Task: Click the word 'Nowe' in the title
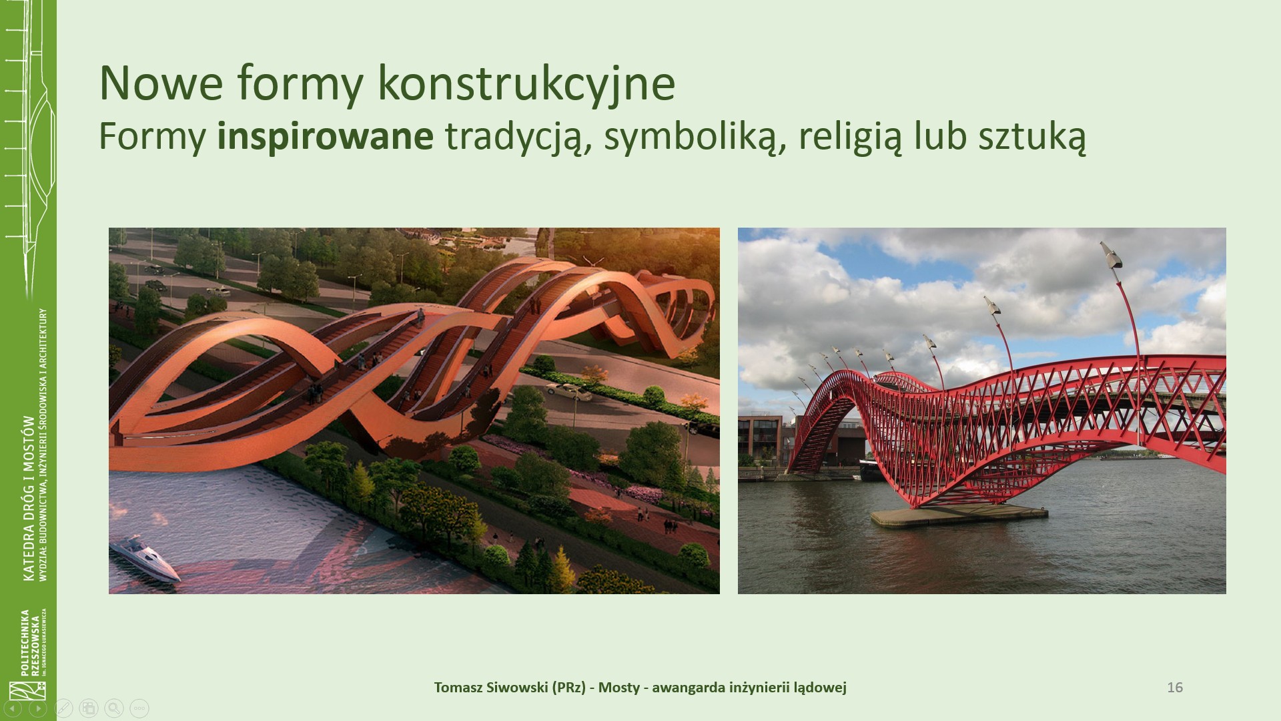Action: coord(161,83)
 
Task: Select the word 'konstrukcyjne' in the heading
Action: coord(526,84)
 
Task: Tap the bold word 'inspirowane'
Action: coord(325,136)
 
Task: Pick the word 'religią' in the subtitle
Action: coord(849,138)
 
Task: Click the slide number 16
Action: coord(1175,687)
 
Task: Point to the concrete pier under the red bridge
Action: coord(959,515)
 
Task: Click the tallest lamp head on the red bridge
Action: coord(1112,254)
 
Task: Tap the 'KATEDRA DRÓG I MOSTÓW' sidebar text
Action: coord(29,499)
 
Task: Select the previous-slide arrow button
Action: coord(13,708)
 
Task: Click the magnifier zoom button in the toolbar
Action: coord(114,708)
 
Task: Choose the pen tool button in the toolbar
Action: coord(63,708)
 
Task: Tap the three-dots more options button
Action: coord(139,708)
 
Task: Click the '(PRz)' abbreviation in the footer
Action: coord(568,688)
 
